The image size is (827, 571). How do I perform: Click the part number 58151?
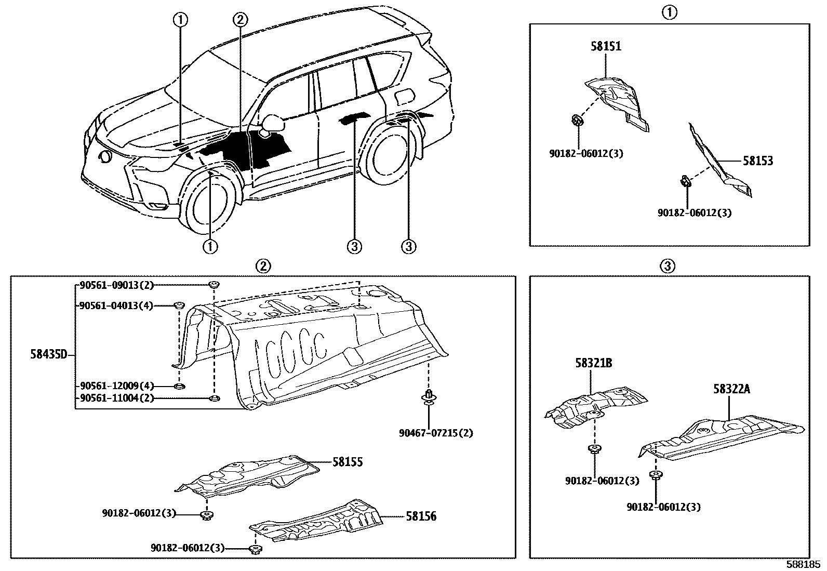tap(606, 46)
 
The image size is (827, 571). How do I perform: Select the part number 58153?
tap(757, 161)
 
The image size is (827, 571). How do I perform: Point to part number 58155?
tap(348, 462)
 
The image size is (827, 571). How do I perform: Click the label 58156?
tap(421, 516)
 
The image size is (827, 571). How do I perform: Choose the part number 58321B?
tap(593, 363)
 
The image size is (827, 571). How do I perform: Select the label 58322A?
tap(731, 389)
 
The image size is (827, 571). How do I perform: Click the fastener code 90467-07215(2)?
tap(436, 433)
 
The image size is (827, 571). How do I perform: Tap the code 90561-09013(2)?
tap(116, 285)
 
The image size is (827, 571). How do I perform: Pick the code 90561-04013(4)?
tap(116, 306)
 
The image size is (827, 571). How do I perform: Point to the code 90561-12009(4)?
tap(116, 386)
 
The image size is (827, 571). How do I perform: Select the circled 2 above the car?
tap(239, 20)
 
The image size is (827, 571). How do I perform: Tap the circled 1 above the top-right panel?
tap(670, 11)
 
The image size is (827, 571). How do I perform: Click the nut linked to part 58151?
tap(577, 121)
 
